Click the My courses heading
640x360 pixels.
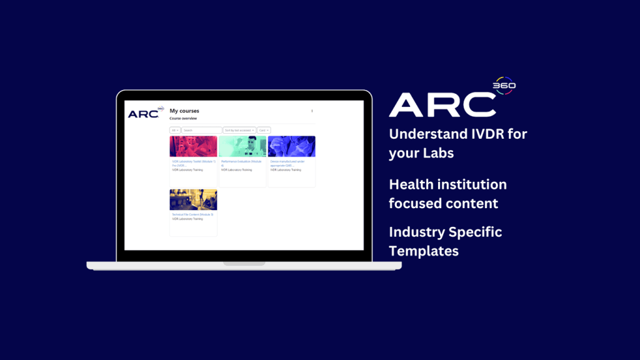tap(184, 111)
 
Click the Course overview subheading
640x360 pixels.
tap(183, 118)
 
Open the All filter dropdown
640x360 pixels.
tap(175, 130)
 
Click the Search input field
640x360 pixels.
tap(201, 130)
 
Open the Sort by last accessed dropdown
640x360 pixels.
tap(239, 130)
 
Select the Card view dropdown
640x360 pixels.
tap(264, 130)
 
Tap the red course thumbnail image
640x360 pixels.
tap(193, 146)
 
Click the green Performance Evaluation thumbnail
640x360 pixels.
tap(242, 146)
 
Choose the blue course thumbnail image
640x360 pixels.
tap(291, 146)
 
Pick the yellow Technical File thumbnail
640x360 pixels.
tap(193, 200)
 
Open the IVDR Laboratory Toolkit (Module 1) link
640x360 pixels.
tap(193, 162)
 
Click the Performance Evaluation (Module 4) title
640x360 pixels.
tap(242, 162)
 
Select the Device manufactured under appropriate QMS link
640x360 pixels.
tap(291, 162)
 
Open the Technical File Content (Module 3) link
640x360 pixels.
tap(192, 214)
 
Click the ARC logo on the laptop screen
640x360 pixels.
tap(144, 114)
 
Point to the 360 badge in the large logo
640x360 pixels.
tap(504, 86)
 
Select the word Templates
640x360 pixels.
tap(424, 251)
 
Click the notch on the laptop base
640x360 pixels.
tap(244, 263)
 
